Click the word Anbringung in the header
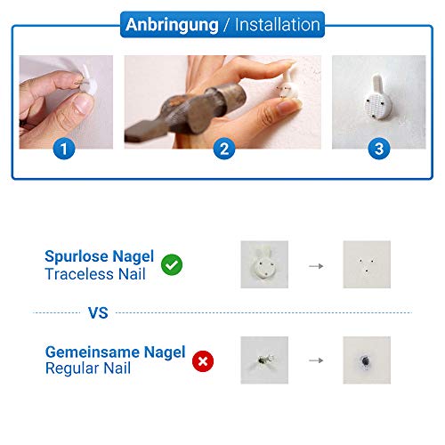[x=172, y=26]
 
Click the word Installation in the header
[x=278, y=24]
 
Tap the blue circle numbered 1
[x=64, y=149]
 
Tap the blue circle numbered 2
[x=224, y=149]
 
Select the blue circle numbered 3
[x=379, y=149]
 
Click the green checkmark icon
[x=172, y=264]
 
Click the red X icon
[x=203, y=361]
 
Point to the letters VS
[x=98, y=313]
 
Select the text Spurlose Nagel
[x=100, y=256]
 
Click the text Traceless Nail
[x=95, y=274]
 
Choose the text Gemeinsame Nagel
[x=116, y=352]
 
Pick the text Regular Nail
[x=88, y=368]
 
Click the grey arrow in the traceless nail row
[x=316, y=266]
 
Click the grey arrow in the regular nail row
[x=316, y=360]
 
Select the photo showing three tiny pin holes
[x=367, y=264]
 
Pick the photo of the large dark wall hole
[x=367, y=360]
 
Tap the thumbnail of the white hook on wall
[x=264, y=264]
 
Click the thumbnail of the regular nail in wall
[x=264, y=360]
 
